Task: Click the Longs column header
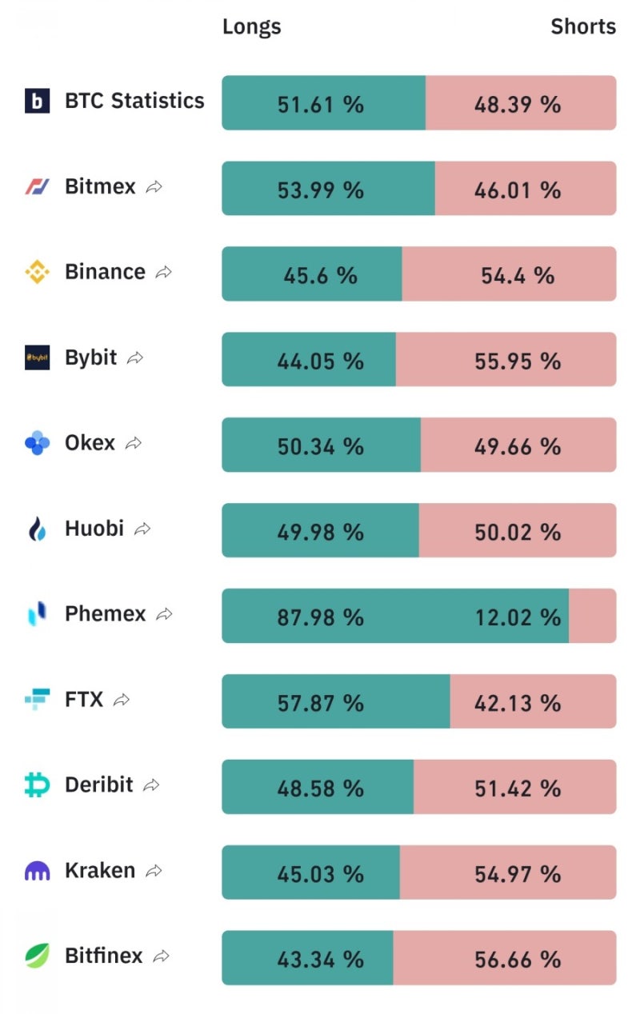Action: [251, 26]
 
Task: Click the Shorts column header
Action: [583, 26]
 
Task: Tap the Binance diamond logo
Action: [37, 272]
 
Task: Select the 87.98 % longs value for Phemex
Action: [320, 617]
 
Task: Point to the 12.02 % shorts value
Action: [518, 617]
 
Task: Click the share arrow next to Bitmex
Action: [154, 187]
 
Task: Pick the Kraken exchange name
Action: [100, 870]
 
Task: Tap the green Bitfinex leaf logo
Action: [37, 956]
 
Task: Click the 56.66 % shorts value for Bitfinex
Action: [518, 959]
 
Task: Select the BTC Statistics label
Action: [134, 101]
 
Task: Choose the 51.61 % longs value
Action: [320, 104]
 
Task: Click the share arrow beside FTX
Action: [122, 701]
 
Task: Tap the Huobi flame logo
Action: [37, 529]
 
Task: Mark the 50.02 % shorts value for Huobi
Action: [518, 532]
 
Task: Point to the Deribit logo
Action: [37, 785]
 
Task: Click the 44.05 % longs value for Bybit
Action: [320, 361]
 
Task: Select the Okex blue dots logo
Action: [37, 443]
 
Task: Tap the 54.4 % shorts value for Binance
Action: [518, 275]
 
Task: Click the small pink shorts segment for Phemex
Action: [592, 616]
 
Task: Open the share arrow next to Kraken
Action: [154, 871]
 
